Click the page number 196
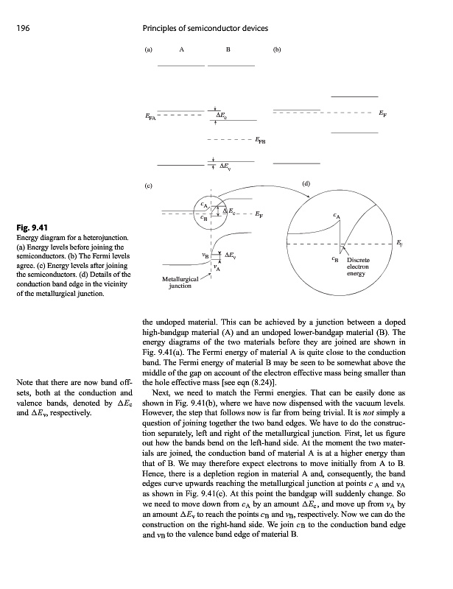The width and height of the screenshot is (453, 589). pos(20,28)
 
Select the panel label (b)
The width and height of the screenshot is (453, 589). pos(277,51)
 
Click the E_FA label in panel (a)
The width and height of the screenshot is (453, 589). pos(150,116)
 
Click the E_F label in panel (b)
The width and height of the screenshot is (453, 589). pos(382,115)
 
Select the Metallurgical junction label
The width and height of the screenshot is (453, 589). pos(180,283)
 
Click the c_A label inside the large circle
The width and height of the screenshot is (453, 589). pos(337,216)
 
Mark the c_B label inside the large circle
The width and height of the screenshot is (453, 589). pos(335,259)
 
